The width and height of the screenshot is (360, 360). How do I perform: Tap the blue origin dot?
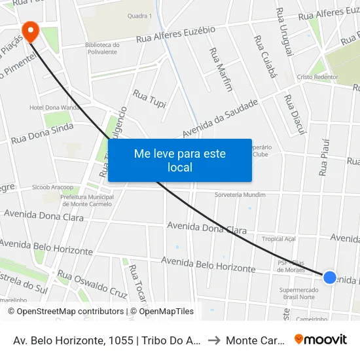point(330,278)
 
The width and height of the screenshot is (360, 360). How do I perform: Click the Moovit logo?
point(321,339)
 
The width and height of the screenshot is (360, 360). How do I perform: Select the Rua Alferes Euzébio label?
point(176,35)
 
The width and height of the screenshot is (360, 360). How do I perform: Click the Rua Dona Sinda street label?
point(42,133)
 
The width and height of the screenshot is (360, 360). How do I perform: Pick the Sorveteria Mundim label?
point(240,195)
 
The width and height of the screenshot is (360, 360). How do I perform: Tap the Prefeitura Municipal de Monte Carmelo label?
point(87,200)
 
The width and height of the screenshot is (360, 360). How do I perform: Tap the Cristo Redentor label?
point(317,77)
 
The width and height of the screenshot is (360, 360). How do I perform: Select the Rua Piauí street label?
point(324,157)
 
